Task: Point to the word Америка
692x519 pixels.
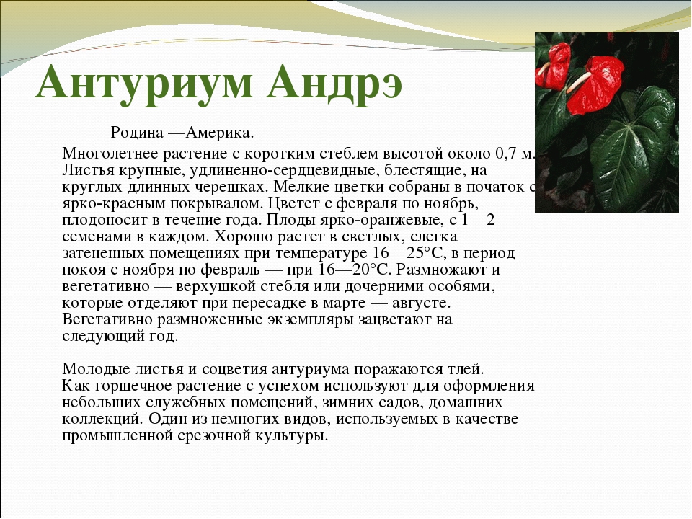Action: [220, 132]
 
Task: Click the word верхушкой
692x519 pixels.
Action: [215, 286]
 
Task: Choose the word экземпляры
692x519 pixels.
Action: [310, 319]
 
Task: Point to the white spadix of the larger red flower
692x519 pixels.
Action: [579, 82]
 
